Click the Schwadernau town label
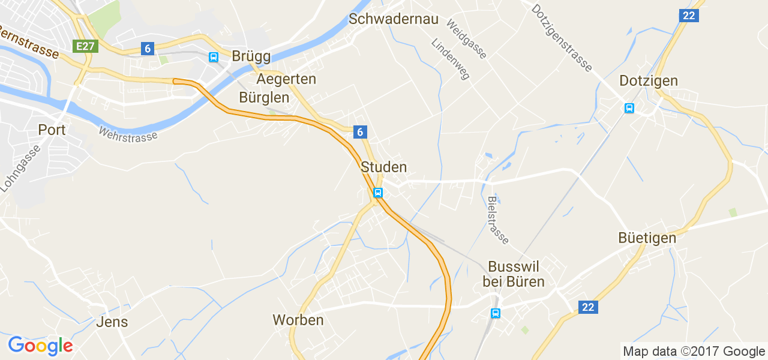pos(394,19)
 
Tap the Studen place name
pos(384,167)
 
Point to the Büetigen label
pos(647,238)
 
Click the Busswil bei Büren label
pos(514,274)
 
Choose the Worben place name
pos(298,320)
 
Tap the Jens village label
pos(112,322)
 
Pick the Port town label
pos(52,130)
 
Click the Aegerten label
pos(286,79)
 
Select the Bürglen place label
pos(264,97)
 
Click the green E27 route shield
pos(85,46)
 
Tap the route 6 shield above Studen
pos(360,132)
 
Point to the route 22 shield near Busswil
pos(588,307)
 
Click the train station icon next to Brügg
pos(213,57)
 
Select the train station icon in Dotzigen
pos(629,108)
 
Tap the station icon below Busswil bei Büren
pos(496,313)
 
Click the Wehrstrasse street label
pos(128,133)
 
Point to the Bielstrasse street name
pos(498,220)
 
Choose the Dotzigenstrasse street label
pos(562,37)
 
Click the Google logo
pos(40,346)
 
